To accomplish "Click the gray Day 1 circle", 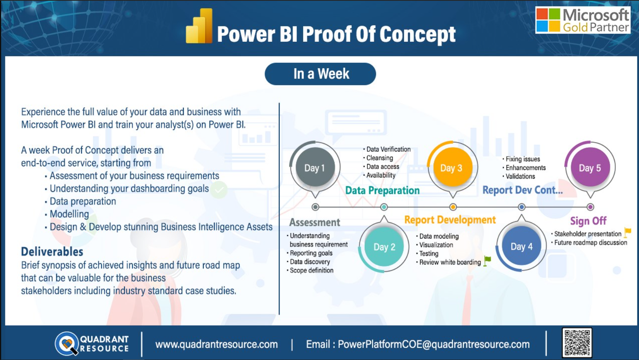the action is tap(315, 168).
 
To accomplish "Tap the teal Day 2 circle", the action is tap(384, 247).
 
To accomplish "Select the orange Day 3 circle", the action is tap(453, 168).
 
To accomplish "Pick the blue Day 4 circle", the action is tap(521, 246).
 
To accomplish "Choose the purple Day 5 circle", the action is tap(590, 168).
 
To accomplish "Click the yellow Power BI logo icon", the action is tap(199, 26).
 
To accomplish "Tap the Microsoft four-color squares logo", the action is tap(548, 20).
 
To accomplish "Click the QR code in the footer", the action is tap(577, 343).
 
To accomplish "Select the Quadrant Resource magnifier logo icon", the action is tap(67, 343).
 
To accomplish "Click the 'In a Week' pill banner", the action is tap(320, 74).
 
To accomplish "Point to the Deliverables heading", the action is tap(52, 252).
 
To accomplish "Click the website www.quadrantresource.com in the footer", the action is tap(217, 344).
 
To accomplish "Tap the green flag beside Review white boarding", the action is tap(487, 261).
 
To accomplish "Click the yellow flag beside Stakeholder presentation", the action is tap(627, 232).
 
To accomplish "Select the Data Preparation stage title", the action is tap(382, 190).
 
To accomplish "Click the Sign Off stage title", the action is tap(588, 221).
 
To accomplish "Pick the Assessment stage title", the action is tap(314, 223).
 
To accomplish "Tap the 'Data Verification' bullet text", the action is tap(388, 149).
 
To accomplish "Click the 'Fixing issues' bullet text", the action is tap(523, 159).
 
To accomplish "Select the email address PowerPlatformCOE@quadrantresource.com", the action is tap(434, 344).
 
